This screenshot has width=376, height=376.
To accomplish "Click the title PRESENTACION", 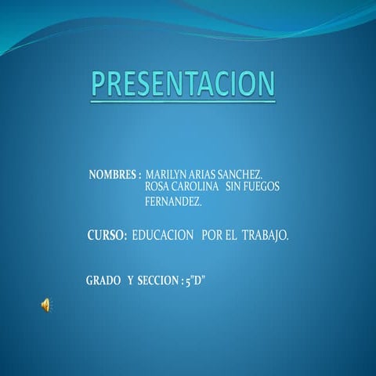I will click(x=183, y=84).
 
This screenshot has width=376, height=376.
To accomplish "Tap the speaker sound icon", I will click(x=45, y=305).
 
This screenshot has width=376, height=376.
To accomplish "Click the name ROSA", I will click(x=157, y=187).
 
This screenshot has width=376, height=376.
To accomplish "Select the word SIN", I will click(x=233, y=187).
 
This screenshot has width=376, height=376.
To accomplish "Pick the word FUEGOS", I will click(x=262, y=187).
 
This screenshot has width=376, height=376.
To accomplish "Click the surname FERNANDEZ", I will click(x=173, y=201).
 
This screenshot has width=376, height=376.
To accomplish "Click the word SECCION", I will click(x=157, y=280).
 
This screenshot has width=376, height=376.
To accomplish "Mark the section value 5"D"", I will click(x=196, y=280).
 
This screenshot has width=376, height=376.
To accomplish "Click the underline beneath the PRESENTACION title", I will click(x=183, y=100).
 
